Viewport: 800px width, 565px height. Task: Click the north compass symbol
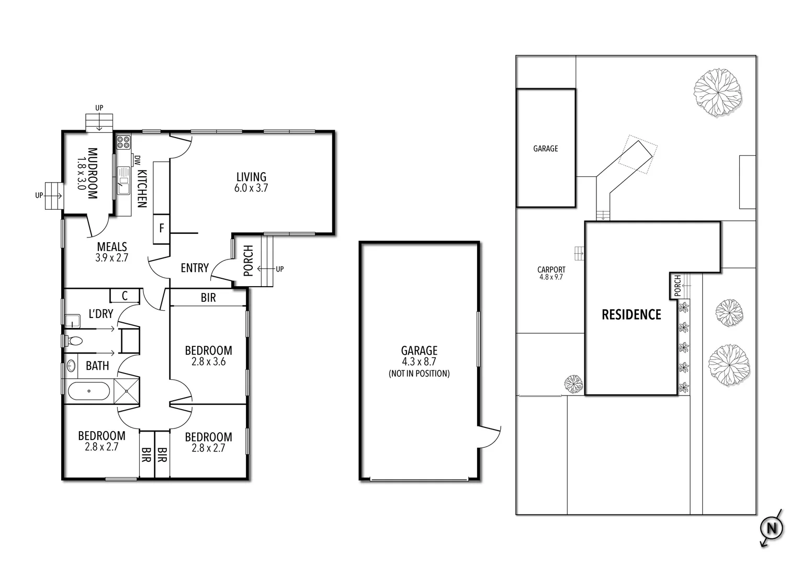[771, 528]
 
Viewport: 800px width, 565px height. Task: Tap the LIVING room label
[251, 177]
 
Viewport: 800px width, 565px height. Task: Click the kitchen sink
[123, 176]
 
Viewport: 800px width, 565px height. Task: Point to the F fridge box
[162, 228]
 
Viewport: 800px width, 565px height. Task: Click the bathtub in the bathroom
[88, 391]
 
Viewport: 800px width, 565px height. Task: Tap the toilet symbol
[75, 341]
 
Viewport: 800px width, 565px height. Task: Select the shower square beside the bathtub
[127, 391]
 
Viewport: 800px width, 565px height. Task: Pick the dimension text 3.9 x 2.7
[111, 257]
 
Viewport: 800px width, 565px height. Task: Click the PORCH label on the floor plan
[249, 261]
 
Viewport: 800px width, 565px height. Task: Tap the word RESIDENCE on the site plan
[631, 314]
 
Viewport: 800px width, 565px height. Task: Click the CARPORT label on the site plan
[551, 270]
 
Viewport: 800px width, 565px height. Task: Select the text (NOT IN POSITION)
[419, 374]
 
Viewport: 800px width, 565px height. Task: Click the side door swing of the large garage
[489, 437]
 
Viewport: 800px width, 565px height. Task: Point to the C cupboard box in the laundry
[125, 296]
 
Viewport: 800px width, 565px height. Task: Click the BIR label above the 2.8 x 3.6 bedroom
[208, 298]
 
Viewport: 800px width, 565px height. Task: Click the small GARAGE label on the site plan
[545, 149]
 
